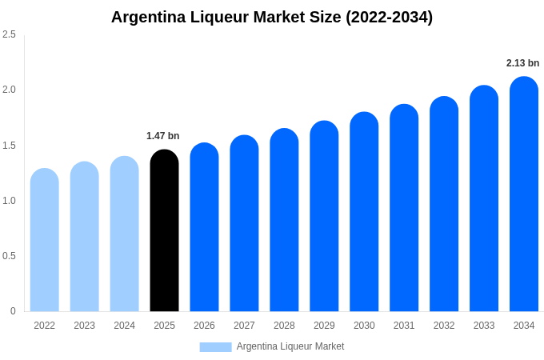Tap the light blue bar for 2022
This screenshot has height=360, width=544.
[x=45, y=240]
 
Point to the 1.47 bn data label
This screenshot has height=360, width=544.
[x=163, y=136]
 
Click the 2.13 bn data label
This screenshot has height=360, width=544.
[x=522, y=63]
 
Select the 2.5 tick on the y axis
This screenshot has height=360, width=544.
[x=9, y=34]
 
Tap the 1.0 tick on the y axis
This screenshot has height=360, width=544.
[x=9, y=201]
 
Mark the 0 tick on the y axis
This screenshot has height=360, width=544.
[x=13, y=311]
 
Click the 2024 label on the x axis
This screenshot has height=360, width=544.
[x=124, y=326]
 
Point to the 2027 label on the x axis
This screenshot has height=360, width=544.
[x=244, y=326]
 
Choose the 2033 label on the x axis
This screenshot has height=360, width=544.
[x=484, y=326]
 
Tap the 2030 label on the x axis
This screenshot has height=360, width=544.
[x=364, y=326]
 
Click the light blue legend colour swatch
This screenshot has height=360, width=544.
[x=215, y=347]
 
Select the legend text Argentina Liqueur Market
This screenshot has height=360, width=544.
[x=290, y=346]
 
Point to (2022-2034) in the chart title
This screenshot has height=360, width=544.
[x=389, y=17]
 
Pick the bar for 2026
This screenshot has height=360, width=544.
[x=204, y=227]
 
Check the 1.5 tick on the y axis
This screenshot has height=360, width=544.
[x=9, y=146]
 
